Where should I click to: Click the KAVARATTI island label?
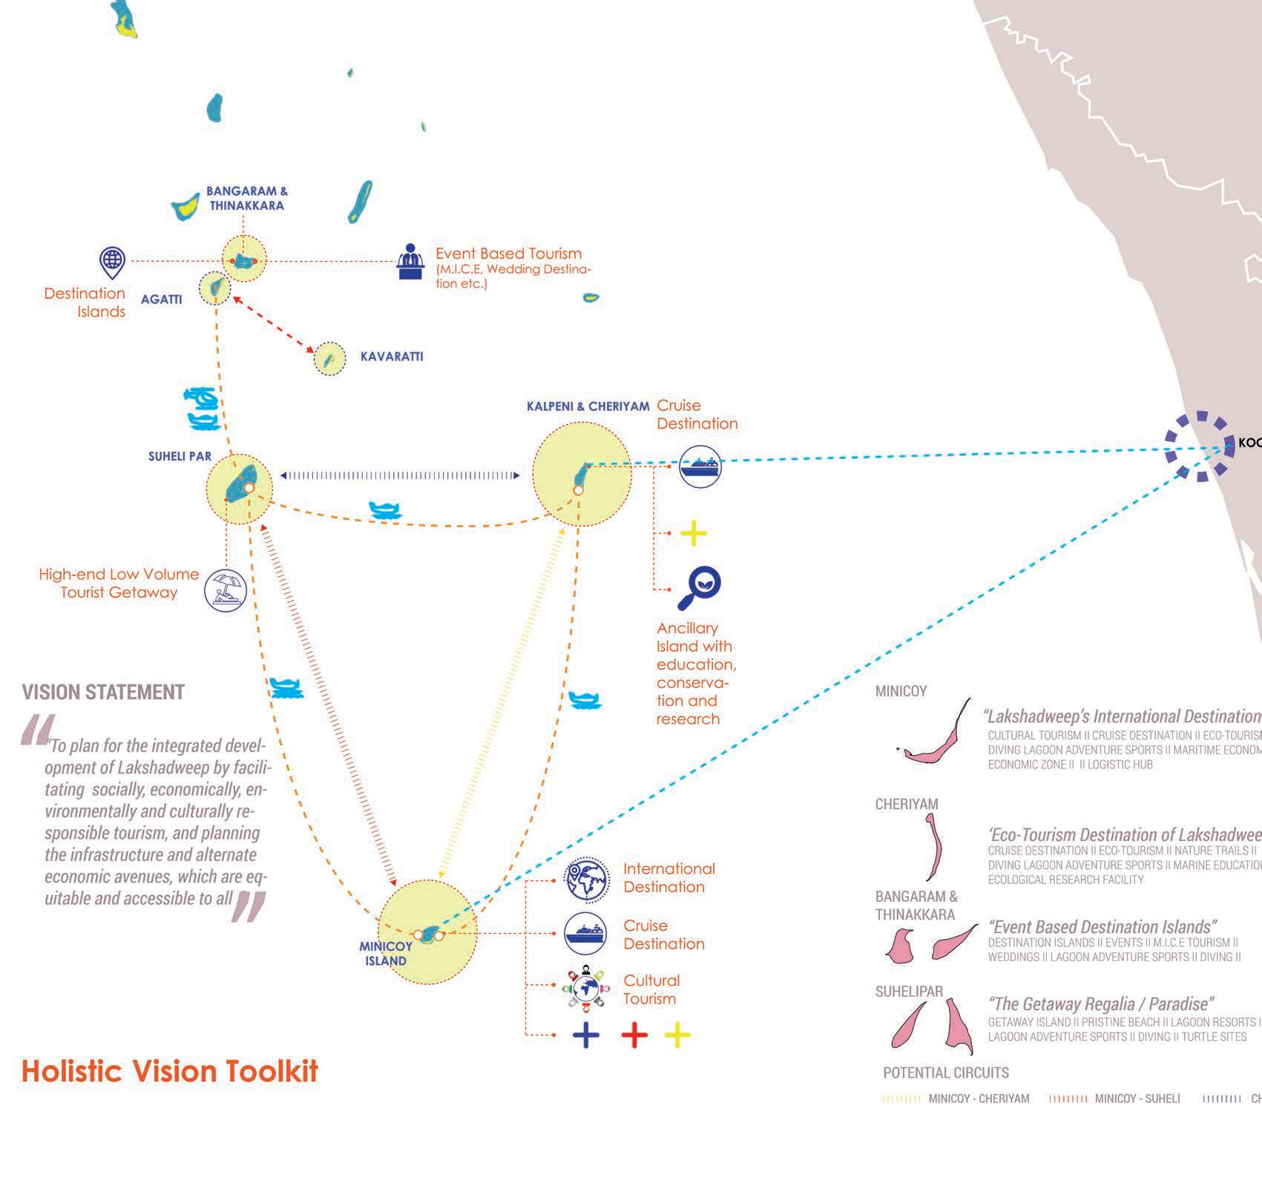(391, 357)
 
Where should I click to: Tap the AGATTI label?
(161, 300)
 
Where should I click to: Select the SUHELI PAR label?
(180, 457)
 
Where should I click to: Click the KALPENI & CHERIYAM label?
(588, 406)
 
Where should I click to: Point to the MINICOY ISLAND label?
(386, 954)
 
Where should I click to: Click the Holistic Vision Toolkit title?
(170, 1072)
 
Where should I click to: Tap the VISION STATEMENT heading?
(103, 693)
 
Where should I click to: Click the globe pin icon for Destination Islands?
(112, 262)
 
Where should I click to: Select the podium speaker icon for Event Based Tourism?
(409, 261)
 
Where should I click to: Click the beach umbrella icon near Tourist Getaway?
(225, 590)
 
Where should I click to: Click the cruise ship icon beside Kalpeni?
(700, 467)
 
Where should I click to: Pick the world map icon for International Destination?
(586, 881)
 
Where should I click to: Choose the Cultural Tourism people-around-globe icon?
(586, 988)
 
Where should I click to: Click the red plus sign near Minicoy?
(634, 1035)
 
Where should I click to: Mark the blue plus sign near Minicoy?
(586, 1035)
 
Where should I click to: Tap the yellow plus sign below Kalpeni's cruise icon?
(694, 533)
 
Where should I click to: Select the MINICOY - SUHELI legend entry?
(1114, 1098)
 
